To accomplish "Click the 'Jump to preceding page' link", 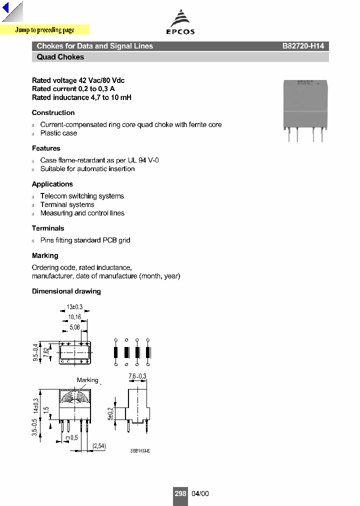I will coord(44,30).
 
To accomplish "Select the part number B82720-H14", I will coord(303,46).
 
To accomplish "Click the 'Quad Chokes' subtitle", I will coord(60,57).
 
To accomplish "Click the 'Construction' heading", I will coord(53,112).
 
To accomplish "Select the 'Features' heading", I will coord(46,148).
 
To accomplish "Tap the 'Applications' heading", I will coord(52,184).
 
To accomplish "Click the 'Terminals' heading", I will coord(48,228).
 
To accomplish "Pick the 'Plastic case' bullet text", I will coord(58,133).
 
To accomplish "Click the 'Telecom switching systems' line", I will coord(82,196).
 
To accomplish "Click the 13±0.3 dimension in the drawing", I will coord(74,307).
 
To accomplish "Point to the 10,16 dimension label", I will coord(75,317).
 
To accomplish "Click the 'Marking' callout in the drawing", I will coord(87,380).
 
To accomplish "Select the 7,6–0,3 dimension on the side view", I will coord(137,376).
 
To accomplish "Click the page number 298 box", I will coord(180,493).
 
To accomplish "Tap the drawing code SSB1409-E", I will coord(140,451).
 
